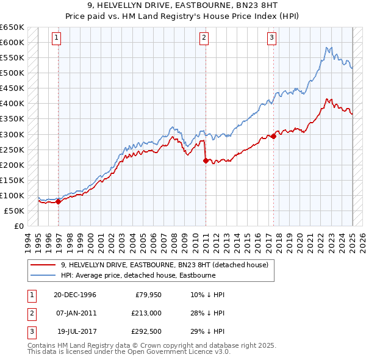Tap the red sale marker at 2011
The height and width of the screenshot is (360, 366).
pyautogui.click(x=206, y=160)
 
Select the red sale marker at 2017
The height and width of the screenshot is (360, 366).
pyautogui.click(x=273, y=136)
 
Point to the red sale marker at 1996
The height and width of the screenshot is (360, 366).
pyautogui.click(x=58, y=201)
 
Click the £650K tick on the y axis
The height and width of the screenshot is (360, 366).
pyautogui.click(x=12, y=27)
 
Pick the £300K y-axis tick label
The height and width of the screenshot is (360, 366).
pyautogui.click(x=12, y=134)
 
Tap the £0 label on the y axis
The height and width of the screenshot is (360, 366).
pyautogui.click(x=18, y=226)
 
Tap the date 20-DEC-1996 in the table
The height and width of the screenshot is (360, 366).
pyautogui.click(x=75, y=295)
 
